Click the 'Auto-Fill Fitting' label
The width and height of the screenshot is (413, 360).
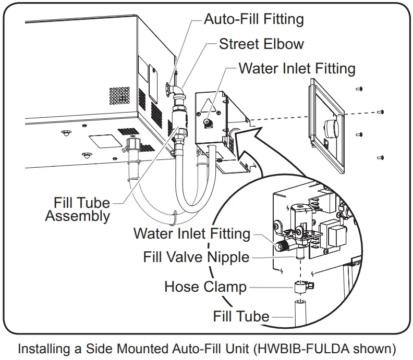coord(253,20)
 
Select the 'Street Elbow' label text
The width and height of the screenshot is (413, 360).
coord(261,44)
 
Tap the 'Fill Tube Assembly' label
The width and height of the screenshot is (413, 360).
coord(78,209)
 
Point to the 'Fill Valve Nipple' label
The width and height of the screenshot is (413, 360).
coord(196,257)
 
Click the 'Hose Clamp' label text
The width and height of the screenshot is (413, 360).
coord(205,287)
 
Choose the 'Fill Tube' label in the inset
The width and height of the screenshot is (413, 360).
coord(241,316)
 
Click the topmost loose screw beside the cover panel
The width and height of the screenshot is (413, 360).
coord(359,89)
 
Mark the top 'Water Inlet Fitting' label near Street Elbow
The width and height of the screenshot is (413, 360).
coord(297,68)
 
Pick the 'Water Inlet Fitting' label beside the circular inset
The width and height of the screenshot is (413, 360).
coord(191,233)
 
